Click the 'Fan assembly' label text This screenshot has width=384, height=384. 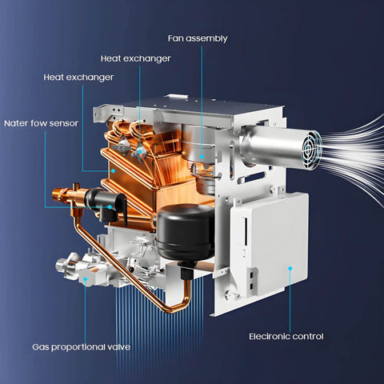[198, 38]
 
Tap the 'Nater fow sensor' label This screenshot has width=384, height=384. [41, 123]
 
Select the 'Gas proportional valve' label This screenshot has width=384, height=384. [82, 347]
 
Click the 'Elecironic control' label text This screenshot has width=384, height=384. [286, 336]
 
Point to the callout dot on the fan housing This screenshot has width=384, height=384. [202, 157]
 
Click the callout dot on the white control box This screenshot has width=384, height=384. [290, 268]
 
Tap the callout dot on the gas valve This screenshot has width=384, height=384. [85, 279]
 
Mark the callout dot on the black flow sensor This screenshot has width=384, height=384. [110, 206]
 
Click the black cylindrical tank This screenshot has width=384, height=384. [186, 232]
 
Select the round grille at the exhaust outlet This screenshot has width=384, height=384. [311, 150]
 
